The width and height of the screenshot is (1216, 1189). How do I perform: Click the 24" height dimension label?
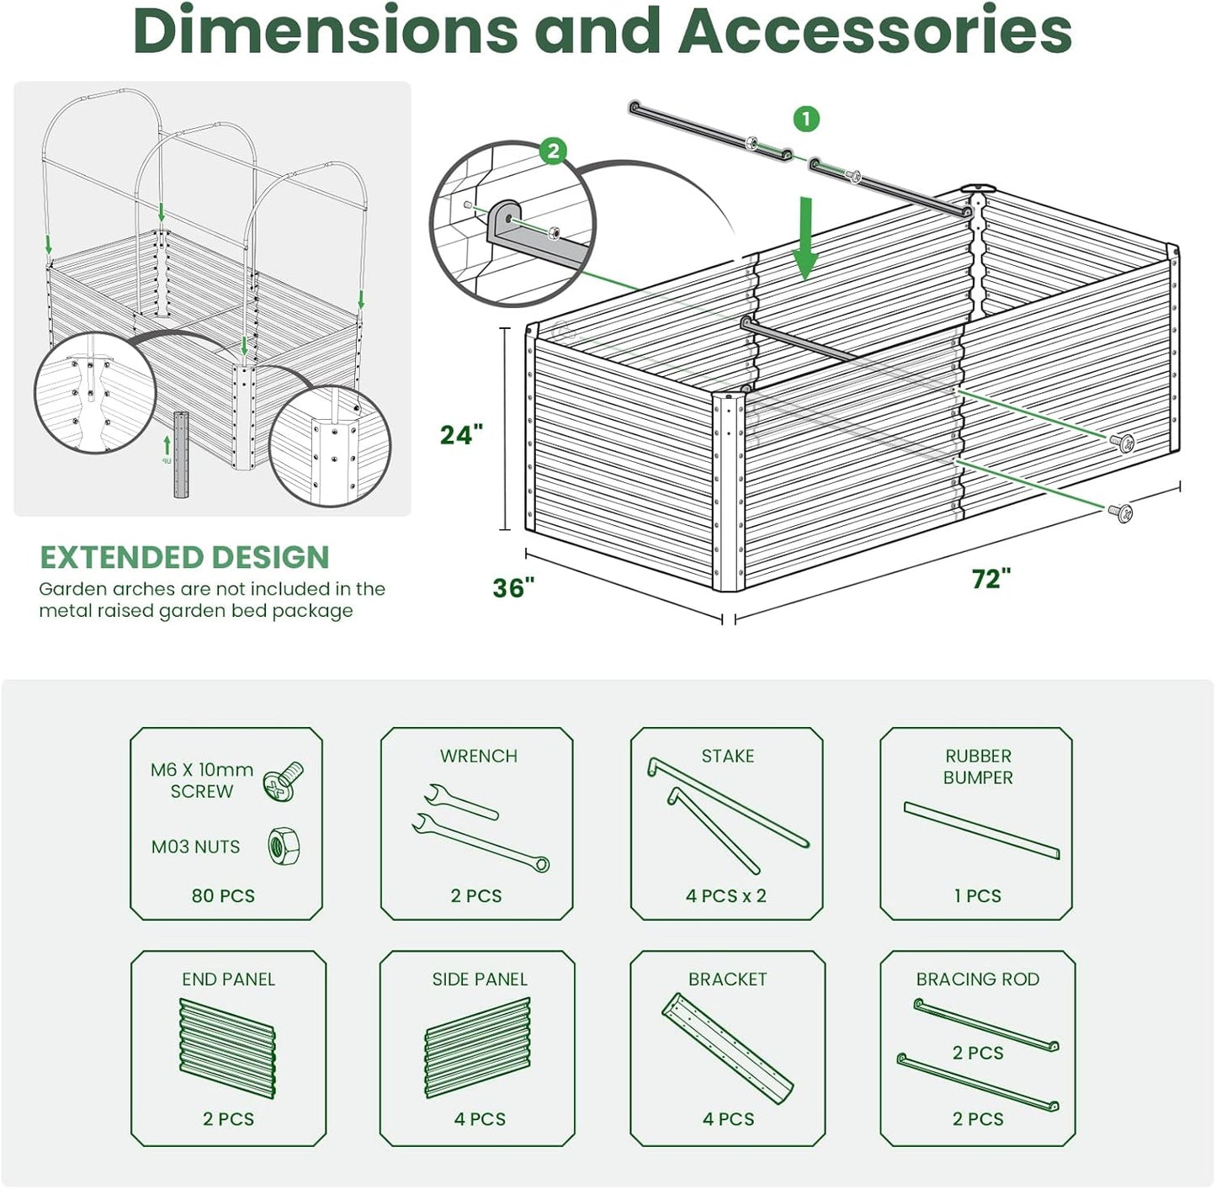pos(461,434)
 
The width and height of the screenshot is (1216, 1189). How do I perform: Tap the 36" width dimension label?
pos(513,587)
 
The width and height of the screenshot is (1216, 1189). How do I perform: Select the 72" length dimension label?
pos(990,579)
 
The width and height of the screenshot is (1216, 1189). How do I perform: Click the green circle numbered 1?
pos(806,119)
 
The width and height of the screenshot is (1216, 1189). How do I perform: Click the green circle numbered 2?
pos(553,151)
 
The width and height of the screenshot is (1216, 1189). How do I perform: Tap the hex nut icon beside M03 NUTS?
pos(284,847)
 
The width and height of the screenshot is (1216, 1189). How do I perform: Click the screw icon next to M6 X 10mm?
pos(284,780)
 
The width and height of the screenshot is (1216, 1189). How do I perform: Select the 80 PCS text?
pos(223,895)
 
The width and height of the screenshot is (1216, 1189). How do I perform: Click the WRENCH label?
pos(478,756)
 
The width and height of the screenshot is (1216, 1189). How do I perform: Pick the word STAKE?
pos(727,756)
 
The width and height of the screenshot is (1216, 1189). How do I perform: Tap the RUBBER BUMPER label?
pos(977,767)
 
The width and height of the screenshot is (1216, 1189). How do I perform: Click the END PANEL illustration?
pos(227,1048)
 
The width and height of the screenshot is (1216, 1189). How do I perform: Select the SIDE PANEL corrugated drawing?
pos(477,1048)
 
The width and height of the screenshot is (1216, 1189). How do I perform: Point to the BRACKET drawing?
pos(727,1048)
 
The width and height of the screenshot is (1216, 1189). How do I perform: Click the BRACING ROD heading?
pos(977,979)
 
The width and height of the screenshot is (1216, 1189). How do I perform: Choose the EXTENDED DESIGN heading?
pos(184,557)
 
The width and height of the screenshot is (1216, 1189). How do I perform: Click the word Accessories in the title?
pos(875,30)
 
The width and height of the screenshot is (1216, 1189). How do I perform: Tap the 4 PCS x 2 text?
pos(725,895)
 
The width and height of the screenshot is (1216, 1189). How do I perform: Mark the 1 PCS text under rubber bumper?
pos(977,895)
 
